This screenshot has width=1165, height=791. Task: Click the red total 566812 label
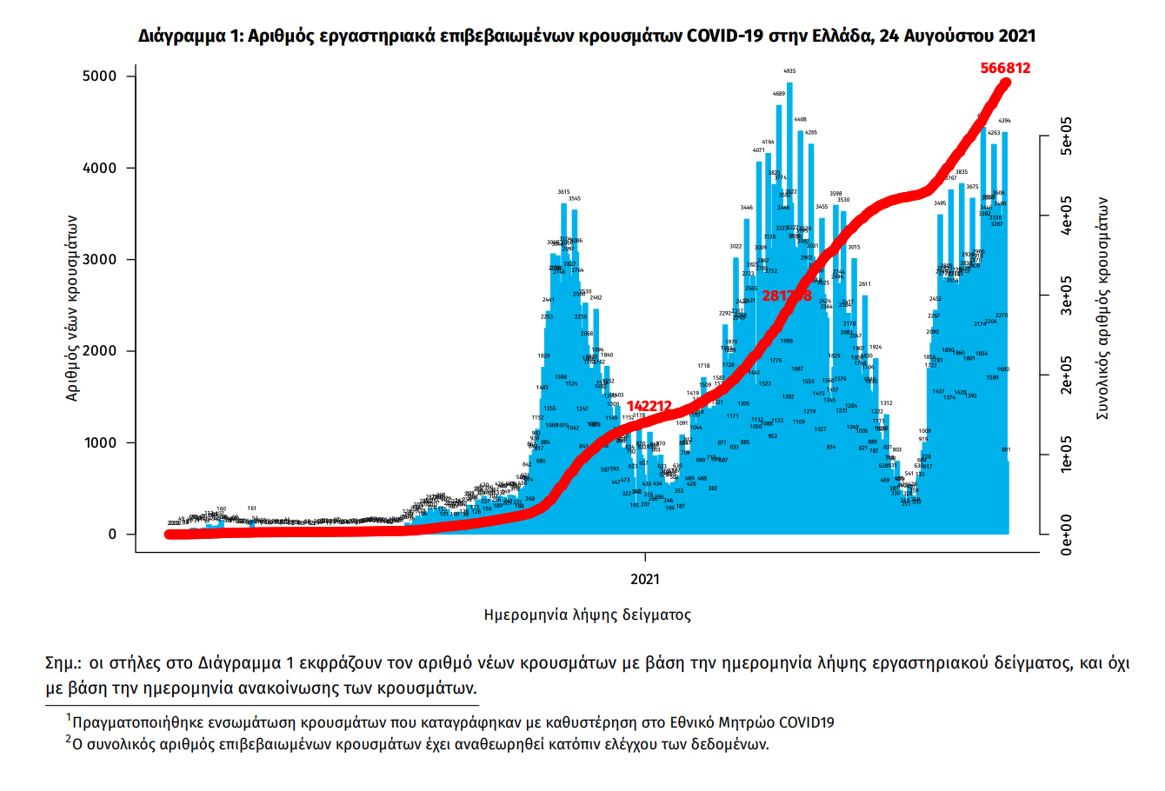click(x=1005, y=68)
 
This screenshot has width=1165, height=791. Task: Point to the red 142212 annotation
click(x=649, y=406)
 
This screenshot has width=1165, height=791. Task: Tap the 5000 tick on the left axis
click(x=98, y=76)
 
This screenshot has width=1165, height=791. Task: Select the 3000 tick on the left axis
click(x=98, y=260)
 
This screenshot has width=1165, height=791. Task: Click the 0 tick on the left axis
click(x=111, y=535)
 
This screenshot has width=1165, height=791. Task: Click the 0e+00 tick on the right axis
click(x=1067, y=534)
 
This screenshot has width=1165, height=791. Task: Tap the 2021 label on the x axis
click(x=645, y=579)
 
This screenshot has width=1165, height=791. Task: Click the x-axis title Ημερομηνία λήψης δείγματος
click(x=588, y=615)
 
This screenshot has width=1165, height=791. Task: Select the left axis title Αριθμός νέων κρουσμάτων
click(x=73, y=308)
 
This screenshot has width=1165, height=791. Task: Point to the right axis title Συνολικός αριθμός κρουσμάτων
click(x=1102, y=308)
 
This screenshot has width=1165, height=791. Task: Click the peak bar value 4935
click(x=789, y=71)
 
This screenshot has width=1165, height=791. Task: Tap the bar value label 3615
click(x=563, y=192)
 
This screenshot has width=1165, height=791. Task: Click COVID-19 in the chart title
click(x=724, y=37)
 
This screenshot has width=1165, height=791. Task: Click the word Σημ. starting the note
click(x=63, y=664)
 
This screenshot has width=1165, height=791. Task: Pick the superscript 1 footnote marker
click(x=68, y=718)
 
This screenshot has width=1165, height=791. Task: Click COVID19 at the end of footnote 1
click(x=806, y=722)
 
